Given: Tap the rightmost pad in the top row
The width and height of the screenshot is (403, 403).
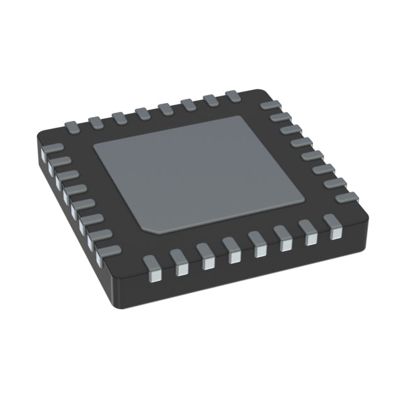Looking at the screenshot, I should click(x=232, y=96).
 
